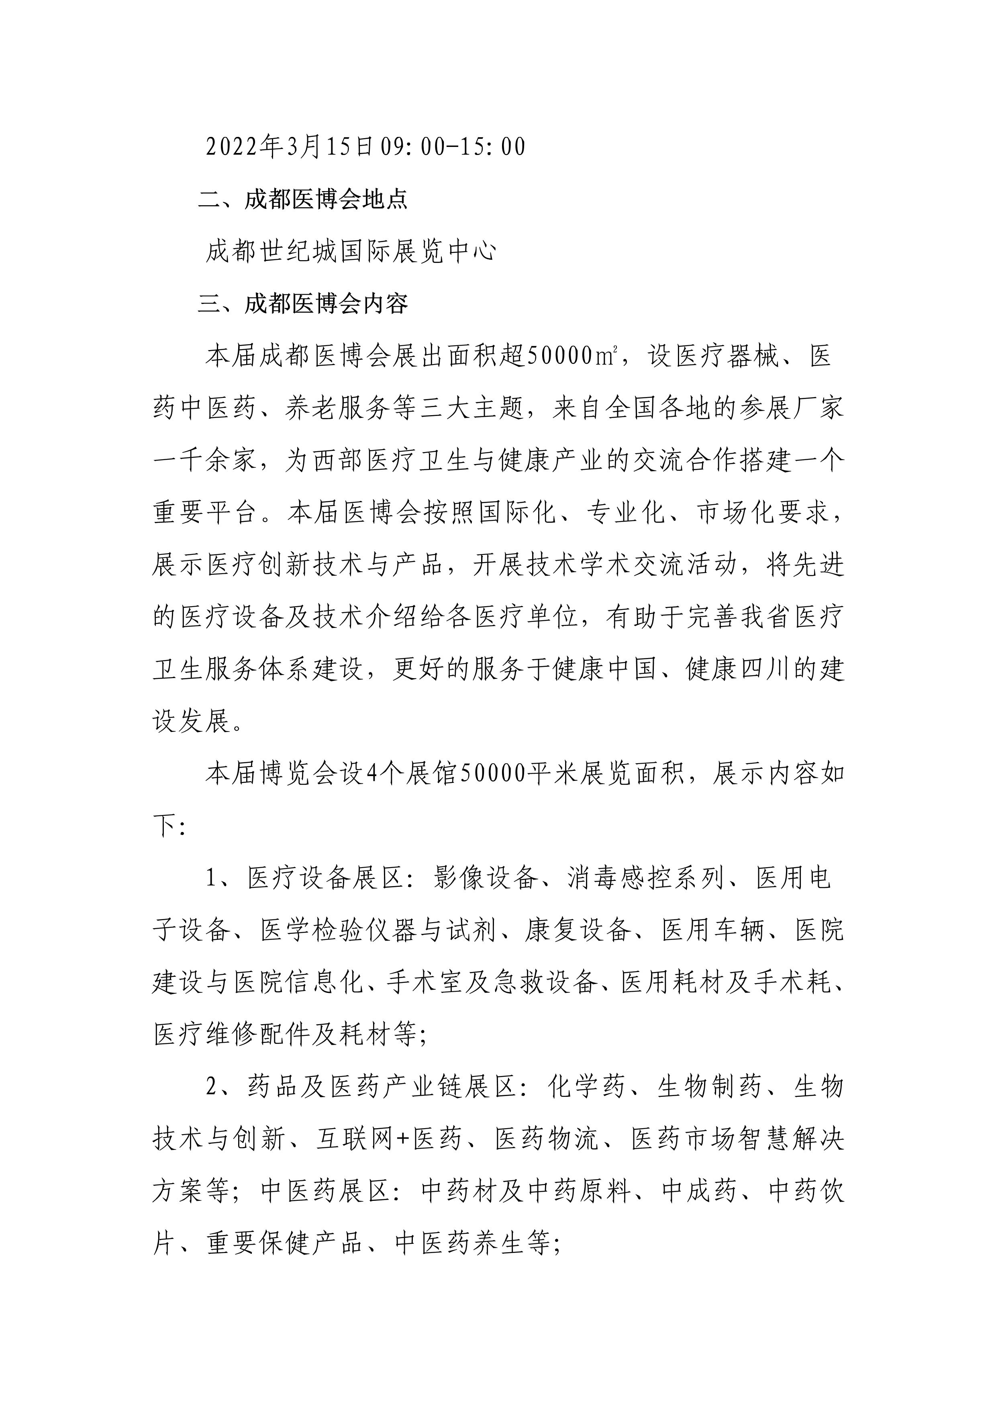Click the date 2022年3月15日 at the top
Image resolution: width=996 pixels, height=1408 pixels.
(x=290, y=147)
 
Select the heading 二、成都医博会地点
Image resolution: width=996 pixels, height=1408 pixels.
(x=303, y=200)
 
